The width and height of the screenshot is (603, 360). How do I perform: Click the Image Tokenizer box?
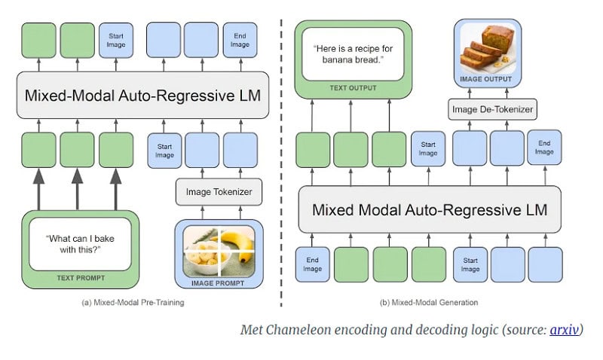click(219, 191)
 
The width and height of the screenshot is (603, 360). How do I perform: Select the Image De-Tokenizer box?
click(493, 109)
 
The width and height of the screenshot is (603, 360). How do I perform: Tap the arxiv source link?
click(564, 330)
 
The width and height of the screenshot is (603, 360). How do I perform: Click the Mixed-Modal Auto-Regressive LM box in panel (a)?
click(142, 95)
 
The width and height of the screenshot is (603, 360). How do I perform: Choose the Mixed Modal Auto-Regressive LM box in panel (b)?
click(430, 209)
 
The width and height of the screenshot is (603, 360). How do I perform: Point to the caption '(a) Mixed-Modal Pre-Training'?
click(133, 302)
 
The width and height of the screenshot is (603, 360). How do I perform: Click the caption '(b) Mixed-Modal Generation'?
click(429, 302)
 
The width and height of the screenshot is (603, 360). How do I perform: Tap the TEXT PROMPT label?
click(81, 278)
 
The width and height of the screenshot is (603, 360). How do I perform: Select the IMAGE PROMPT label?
click(218, 283)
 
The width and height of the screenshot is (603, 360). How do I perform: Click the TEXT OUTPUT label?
click(353, 88)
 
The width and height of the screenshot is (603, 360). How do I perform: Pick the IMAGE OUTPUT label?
click(486, 79)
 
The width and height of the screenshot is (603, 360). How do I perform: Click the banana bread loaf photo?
click(488, 48)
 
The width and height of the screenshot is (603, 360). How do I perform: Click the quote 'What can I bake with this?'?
click(81, 244)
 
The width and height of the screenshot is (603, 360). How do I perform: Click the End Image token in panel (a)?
click(240, 40)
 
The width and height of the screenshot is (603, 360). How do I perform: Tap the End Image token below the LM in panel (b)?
click(312, 264)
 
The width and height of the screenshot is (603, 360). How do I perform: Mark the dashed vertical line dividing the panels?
click(281, 163)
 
